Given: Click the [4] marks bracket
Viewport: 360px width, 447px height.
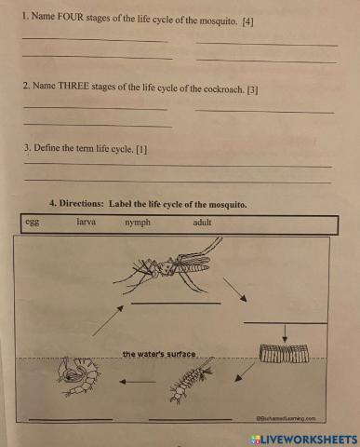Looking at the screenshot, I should [247, 20].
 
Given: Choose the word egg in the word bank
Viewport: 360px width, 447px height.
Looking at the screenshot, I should [33, 223].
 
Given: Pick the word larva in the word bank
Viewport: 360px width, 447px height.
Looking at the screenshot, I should [87, 223].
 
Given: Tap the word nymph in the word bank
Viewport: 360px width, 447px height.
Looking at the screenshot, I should [137, 223].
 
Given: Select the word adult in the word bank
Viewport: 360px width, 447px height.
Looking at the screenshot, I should [203, 223].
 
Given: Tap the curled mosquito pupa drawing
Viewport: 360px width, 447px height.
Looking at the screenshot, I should [73, 378].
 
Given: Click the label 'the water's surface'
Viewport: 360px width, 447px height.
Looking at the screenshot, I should [159, 354].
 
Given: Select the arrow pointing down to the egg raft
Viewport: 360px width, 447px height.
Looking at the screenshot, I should [285, 333].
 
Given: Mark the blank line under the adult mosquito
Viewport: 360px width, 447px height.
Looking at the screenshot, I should [177, 303].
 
